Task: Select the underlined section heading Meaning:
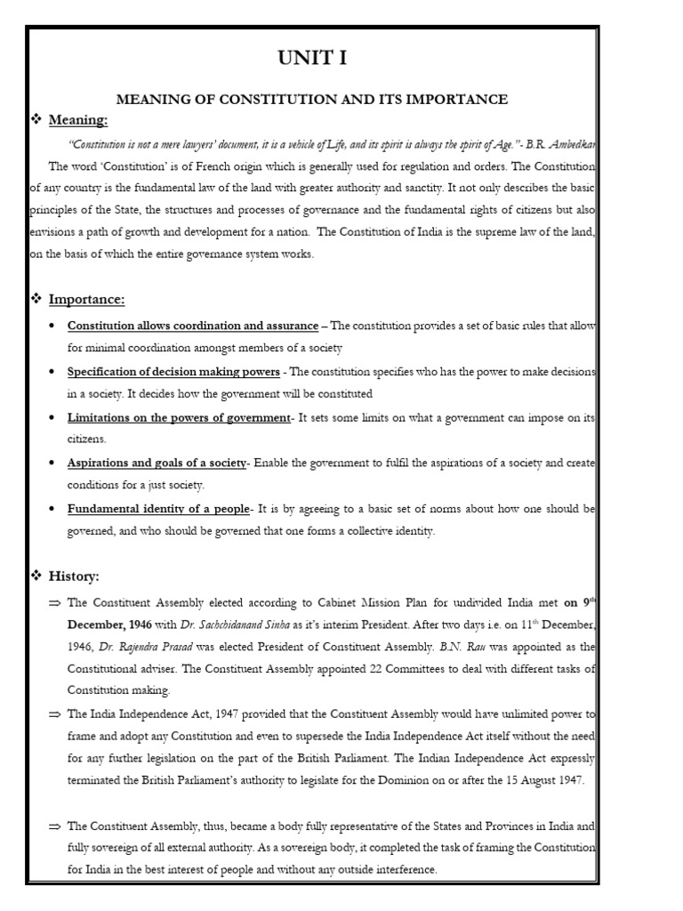(x=78, y=120)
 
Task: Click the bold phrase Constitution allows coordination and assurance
(x=193, y=326)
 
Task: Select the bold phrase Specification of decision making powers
(x=173, y=371)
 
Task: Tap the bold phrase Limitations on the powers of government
(x=179, y=417)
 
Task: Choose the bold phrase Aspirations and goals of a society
(x=157, y=464)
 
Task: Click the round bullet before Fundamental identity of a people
(x=56, y=510)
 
